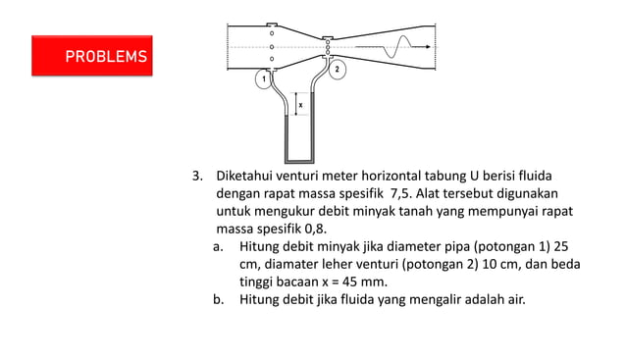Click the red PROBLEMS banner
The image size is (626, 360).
pyautogui.click(x=91, y=56)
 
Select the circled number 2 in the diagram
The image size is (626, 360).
pyautogui.click(x=337, y=70)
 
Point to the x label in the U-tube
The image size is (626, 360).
pyautogui.click(x=299, y=103)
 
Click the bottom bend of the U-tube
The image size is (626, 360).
pyautogui.click(x=298, y=160)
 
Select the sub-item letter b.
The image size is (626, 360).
pyautogui.click(x=219, y=299)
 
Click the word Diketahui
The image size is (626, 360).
pyautogui.click(x=247, y=177)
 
